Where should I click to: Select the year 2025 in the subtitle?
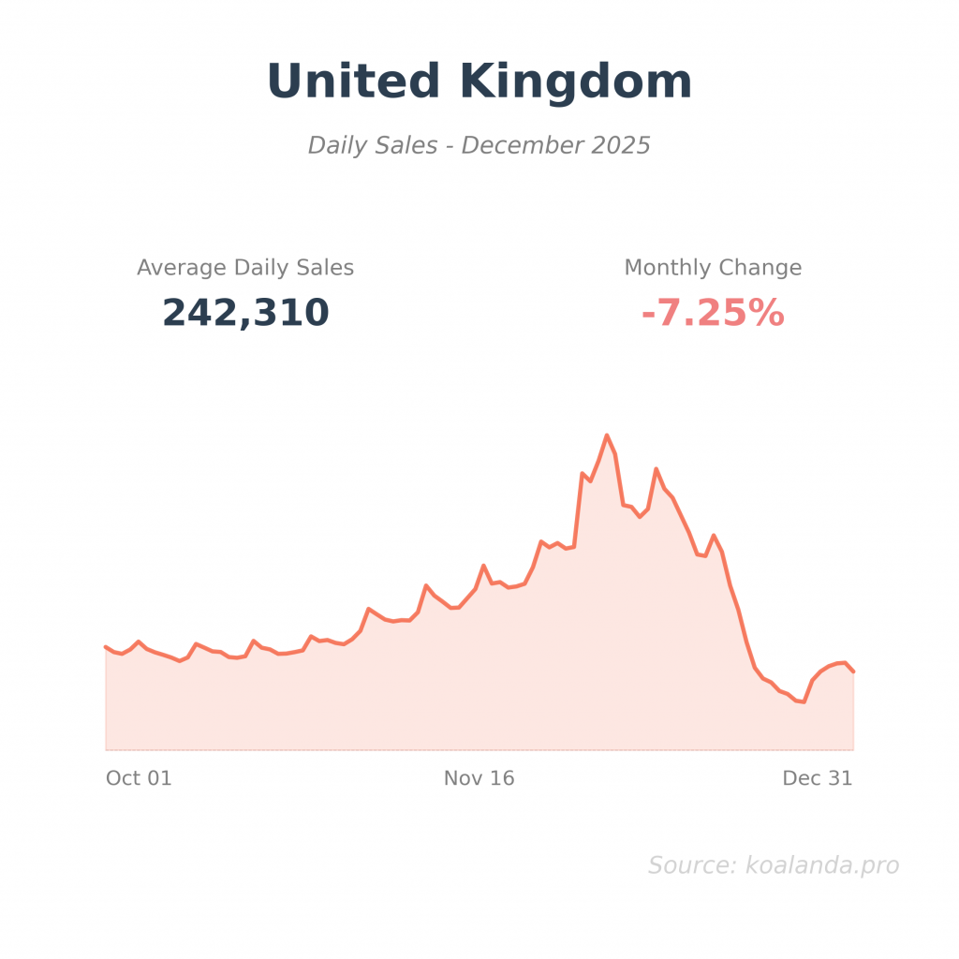[620, 146]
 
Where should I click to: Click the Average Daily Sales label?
[245, 268]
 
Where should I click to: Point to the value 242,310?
[245, 313]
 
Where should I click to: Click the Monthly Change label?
[713, 268]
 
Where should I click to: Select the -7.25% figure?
[713, 314]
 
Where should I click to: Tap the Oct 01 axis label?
[139, 778]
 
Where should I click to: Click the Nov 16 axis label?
[479, 778]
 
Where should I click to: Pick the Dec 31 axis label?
[818, 778]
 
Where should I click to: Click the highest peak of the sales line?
[607, 435]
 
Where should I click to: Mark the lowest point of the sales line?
[804, 701]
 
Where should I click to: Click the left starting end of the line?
[106, 646]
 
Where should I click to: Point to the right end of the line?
[853, 671]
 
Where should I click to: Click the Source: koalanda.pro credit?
[774, 865]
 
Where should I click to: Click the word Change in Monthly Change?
[763, 268]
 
